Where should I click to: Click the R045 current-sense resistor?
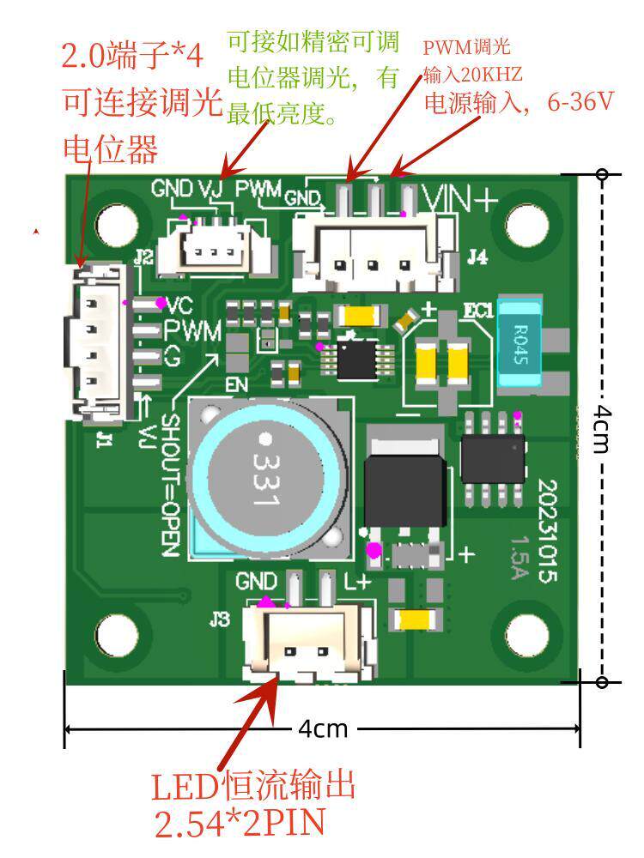[519, 344]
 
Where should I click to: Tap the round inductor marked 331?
[268, 478]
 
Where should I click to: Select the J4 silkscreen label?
[477, 256]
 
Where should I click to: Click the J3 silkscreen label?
[220, 619]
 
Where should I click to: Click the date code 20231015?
[547, 531]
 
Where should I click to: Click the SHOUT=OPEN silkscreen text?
[171, 486]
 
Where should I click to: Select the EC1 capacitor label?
[478, 311]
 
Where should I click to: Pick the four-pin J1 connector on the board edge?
[99, 344]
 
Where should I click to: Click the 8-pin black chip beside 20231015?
[493, 459]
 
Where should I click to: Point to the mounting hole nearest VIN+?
[527, 224]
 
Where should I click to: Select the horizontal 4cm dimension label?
[323, 728]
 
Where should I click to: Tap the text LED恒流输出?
[253, 786]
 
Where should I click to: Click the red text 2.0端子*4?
[132, 55]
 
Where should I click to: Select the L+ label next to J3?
[357, 583]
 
